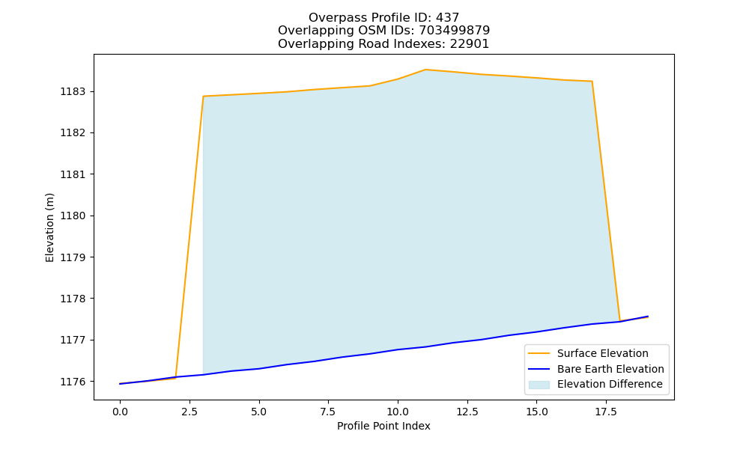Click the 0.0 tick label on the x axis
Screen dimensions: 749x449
pyautogui.click(x=120, y=412)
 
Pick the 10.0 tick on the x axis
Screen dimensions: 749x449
pyautogui.click(x=398, y=412)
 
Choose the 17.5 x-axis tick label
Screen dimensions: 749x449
pyautogui.click(x=606, y=412)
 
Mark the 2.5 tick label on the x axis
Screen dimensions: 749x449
pyautogui.click(x=189, y=412)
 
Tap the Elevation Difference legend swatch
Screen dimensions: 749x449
pyautogui.click(x=539, y=385)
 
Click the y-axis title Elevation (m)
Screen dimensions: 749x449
pyautogui.click(x=49, y=227)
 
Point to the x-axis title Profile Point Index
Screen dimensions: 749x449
pyautogui.click(x=383, y=426)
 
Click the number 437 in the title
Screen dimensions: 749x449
pyautogui.click(x=447, y=18)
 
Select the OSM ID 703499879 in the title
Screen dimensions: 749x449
pyautogui.click(x=455, y=31)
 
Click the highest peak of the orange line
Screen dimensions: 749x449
pyautogui.click(x=425, y=70)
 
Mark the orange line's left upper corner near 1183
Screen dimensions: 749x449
pyautogui.click(x=204, y=97)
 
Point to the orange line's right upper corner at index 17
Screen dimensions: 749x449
pyautogui.click(x=592, y=81)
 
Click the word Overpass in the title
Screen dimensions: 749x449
pyautogui.click(x=332, y=18)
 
